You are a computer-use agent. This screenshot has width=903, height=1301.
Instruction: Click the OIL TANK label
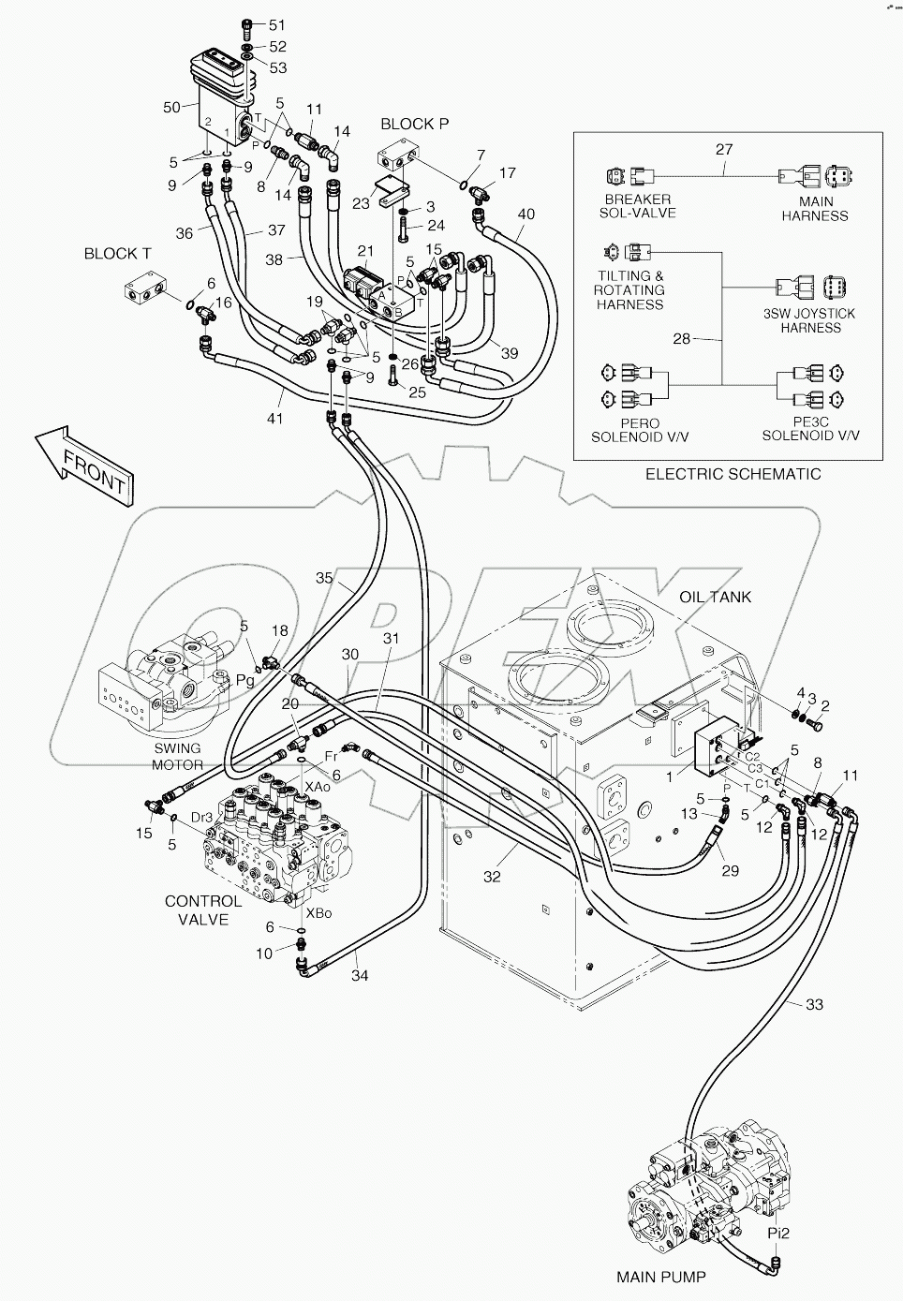pyautogui.click(x=716, y=597)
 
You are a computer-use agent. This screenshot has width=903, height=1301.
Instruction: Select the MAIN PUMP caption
pyautogui.click(x=660, y=1276)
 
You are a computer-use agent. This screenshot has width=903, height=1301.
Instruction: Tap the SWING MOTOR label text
pyautogui.click(x=177, y=756)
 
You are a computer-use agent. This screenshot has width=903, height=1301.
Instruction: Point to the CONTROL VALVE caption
pyautogui.click(x=203, y=909)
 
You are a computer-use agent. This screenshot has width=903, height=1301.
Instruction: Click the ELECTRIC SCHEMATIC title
pyautogui.click(x=733, y=474)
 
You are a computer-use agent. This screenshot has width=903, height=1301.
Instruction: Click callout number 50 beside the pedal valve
pyautogui.click(x=171, y=108)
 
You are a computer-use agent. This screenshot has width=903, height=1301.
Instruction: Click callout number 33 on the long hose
pyautogui.click(x=813, y=1005)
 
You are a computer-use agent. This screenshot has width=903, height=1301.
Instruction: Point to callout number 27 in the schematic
pyautogui.click(x=724, y=149)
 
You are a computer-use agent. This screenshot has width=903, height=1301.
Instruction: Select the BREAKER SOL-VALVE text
pyautogui.click(x=637, y=207)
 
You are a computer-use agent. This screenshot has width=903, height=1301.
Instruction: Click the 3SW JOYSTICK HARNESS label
pyautogui.click(x=811, y=320)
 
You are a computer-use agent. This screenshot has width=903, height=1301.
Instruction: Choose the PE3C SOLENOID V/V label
pyautogui.click(x=810, y=428)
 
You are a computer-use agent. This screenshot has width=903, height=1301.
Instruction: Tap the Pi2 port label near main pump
pyautogui.click(x=779, y=1234)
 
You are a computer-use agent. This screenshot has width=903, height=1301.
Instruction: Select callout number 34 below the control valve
pyautogui.click(x=360, y=975)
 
